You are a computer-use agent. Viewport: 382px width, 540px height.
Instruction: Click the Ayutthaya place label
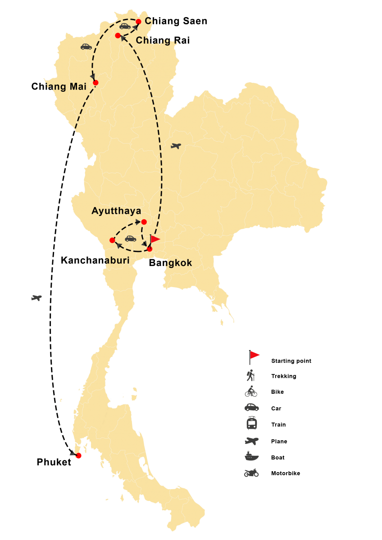coord(116,211)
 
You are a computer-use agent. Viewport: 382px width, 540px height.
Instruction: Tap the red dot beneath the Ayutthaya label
coord(144,221)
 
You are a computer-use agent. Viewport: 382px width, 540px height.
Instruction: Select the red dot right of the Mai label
coord(95,82)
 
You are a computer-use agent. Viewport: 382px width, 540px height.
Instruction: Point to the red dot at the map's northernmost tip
coord(138,21)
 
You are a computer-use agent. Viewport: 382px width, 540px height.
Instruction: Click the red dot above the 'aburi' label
coord(112,240)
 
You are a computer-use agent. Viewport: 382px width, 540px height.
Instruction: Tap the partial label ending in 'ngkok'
coord(177,263)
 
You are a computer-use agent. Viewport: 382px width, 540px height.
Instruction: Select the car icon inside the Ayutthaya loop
coord(130,238)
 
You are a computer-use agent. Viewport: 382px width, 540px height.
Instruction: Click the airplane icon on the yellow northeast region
coord(176,146)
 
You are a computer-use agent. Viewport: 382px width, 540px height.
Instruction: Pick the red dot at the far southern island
coord(78,456)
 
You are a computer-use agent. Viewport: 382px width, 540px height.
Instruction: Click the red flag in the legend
coord(254,355)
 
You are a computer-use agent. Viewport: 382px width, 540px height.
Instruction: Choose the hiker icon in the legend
coord(251,375)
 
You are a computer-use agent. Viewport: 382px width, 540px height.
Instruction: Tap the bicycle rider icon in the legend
coord(251,391)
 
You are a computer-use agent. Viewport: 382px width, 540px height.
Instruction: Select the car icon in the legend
coord(251,407)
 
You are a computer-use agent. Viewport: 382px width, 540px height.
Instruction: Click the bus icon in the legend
coord(251,423)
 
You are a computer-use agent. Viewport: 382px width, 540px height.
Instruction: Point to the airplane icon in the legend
coord(251,441)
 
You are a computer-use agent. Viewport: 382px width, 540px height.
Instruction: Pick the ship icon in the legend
coord(251,456)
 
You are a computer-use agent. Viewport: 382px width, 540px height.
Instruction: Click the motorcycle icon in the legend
coord(251,472)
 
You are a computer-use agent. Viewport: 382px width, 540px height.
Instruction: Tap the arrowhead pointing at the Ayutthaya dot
coord(138,222)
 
